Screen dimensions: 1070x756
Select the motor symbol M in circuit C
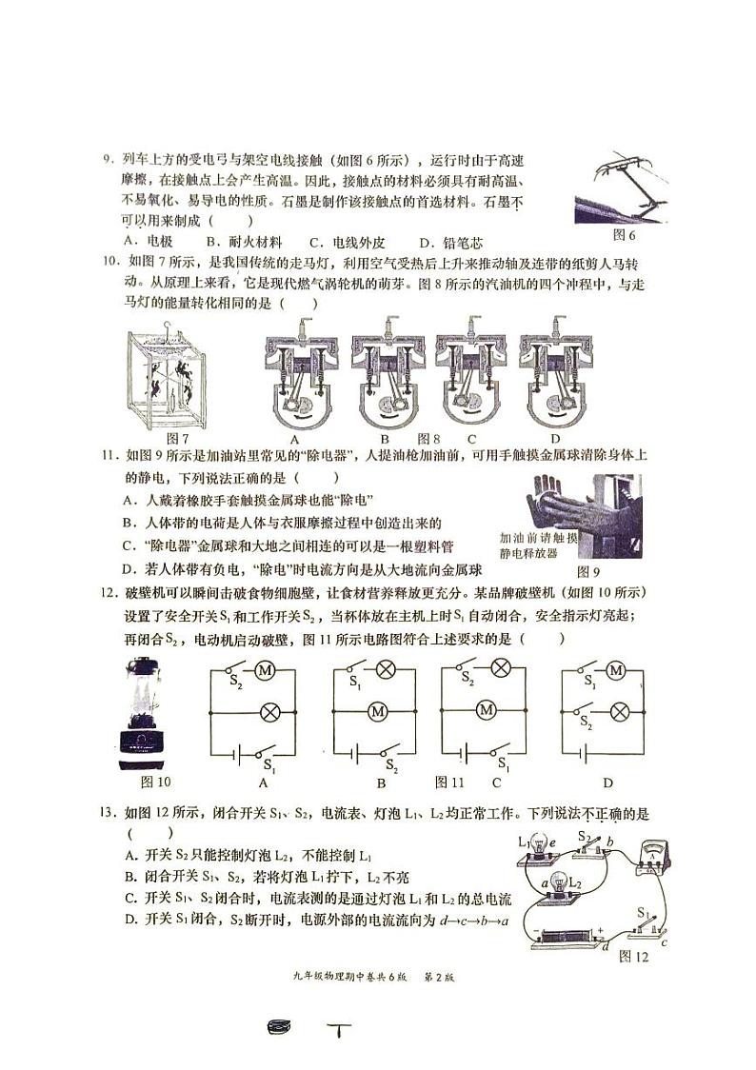coord(487,709)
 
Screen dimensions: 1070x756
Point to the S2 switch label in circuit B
coord(390,764)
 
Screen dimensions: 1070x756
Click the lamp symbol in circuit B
coord(386,670)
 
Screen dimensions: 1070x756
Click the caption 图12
coord(632,956)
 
